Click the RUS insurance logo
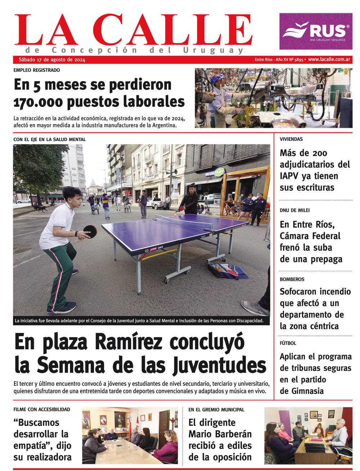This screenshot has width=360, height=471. [316, 31]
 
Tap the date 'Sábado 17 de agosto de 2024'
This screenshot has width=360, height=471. [52, 60]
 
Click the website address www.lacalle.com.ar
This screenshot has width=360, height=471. [329, 59]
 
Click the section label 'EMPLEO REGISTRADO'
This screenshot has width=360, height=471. [37, 70]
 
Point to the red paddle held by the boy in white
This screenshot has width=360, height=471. [90, 231]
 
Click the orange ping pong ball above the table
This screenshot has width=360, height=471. [175, 215]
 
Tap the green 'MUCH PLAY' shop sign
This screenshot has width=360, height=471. [215, 172]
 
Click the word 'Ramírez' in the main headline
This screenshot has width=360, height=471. [129, 342]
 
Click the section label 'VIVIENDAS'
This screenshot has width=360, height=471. [291, 139]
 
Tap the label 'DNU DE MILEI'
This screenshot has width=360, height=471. [294, 210]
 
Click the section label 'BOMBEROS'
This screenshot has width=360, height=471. [292, 279]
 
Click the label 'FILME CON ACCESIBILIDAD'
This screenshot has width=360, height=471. [42, 409]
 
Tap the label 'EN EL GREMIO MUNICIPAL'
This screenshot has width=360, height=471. [216, 409]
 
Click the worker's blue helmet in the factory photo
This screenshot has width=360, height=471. [216, 78]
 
